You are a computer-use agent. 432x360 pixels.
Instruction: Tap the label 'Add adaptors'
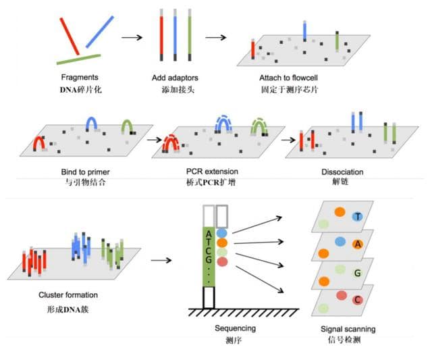(x=175, y=78)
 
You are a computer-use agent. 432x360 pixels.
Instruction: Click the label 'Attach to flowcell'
(x=289, y=78)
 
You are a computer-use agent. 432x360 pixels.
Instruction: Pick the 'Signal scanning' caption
(x=348, y=329)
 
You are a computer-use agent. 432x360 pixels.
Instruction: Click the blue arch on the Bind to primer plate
(x=92, y=122)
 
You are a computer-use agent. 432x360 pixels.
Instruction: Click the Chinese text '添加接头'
(x=175, y=90)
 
